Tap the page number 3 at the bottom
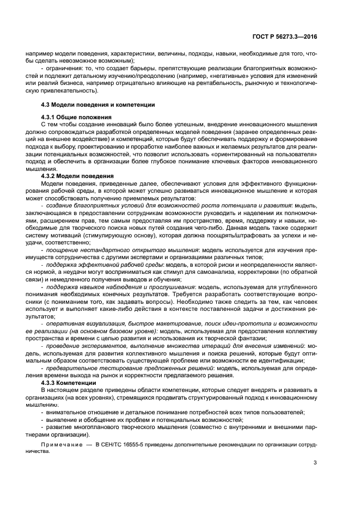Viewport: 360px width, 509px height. (315, 463)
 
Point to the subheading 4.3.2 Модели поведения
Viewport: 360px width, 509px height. (77, 176)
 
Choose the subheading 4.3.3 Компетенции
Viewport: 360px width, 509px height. (69, 383)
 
